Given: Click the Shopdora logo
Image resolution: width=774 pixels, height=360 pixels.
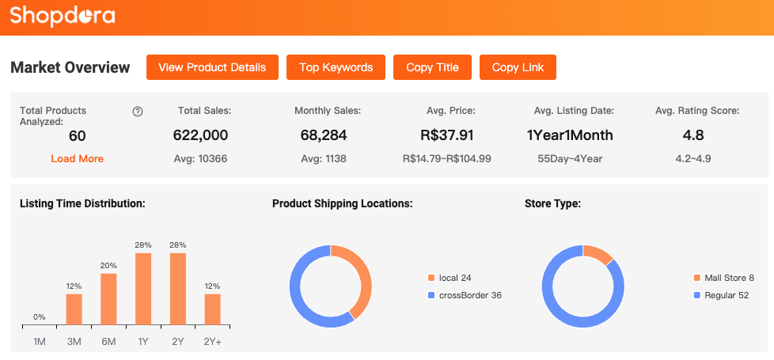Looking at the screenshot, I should [63, 15].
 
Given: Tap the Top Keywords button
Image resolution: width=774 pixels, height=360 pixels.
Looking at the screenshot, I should [336, 67].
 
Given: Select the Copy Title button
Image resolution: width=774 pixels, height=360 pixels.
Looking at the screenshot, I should [432, 67].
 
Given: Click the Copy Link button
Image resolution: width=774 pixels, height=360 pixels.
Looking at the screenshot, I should [518, 67].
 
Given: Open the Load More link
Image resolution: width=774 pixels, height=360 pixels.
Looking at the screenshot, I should [77, 158].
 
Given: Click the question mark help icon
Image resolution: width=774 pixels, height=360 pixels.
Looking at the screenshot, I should [138, 112].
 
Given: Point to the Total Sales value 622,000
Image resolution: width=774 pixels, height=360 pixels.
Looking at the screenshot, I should [200, 135].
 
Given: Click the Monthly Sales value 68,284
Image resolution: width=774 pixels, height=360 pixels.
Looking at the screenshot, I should [324, 135].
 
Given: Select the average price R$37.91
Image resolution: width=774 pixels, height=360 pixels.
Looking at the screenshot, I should [447, 135].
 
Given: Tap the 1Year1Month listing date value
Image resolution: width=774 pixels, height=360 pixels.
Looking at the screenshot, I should [570, 135].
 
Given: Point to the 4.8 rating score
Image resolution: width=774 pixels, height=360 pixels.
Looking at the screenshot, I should [692, 135].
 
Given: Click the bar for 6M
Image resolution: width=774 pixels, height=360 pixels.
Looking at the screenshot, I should [108, 299].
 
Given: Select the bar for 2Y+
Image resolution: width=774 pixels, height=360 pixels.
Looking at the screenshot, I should [213, 309].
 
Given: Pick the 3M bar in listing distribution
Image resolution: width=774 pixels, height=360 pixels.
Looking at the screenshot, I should [74, 309].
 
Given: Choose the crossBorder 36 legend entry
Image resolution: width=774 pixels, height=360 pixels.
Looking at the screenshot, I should [465, 295].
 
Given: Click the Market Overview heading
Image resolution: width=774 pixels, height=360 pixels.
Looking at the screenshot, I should [70, 67].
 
